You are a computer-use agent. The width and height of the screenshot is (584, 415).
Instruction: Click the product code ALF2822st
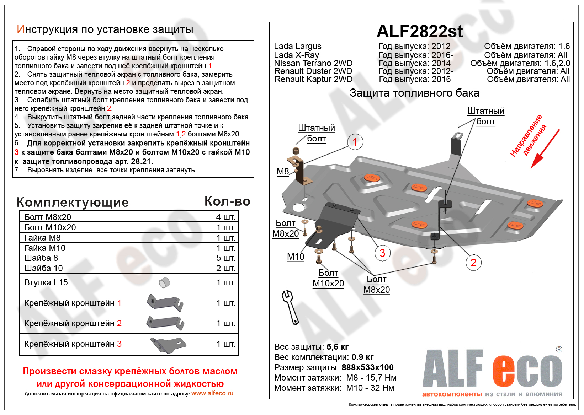pyautogui.click(x=420, y=32)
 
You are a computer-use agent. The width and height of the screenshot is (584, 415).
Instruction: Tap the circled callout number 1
pyautogui.click(x=355, y=142)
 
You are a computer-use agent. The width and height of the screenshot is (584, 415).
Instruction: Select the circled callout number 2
pyautogui.click(x=473, y=263)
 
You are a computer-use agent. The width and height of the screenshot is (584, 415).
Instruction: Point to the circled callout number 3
pyautogui.click(x=382, y=253)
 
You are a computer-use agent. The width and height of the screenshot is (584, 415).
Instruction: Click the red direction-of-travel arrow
pyautogui.click(x=544, y=150)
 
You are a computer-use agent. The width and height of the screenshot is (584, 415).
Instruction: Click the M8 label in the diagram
pyautogui.click(x=283, y=172)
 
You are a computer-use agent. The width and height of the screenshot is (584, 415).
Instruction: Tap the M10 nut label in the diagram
pyautogui.click(x=296, y=257)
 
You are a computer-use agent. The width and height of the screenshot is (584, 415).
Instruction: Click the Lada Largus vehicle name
pyautogui.click(x=297, y=46)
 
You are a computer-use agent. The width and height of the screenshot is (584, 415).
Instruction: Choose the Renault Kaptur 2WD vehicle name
pyautogui.click(x=313, y=79)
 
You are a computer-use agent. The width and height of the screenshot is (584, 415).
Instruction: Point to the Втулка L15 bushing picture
pyautogui.click(x=164, y=282)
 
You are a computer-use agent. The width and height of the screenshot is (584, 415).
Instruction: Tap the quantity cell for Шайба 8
pyautogui.click(x=225, y=258)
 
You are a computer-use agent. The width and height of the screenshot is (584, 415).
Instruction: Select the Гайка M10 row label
pyautogui.click(x=45, y=248)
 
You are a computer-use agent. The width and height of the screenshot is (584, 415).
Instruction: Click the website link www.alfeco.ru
pyautogui.click(x=212, y=393)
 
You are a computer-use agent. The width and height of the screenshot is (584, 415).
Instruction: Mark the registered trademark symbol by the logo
pyautogui.click(x=559, y=349)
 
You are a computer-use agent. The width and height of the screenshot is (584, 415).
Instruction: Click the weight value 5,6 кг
pyautogui.click(x=337, y=347)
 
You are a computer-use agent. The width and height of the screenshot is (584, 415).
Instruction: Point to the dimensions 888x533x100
pyautogui.click(x=367, y=367)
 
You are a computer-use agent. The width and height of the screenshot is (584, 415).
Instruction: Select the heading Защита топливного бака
pyautogui.click(x=414, y=93)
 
